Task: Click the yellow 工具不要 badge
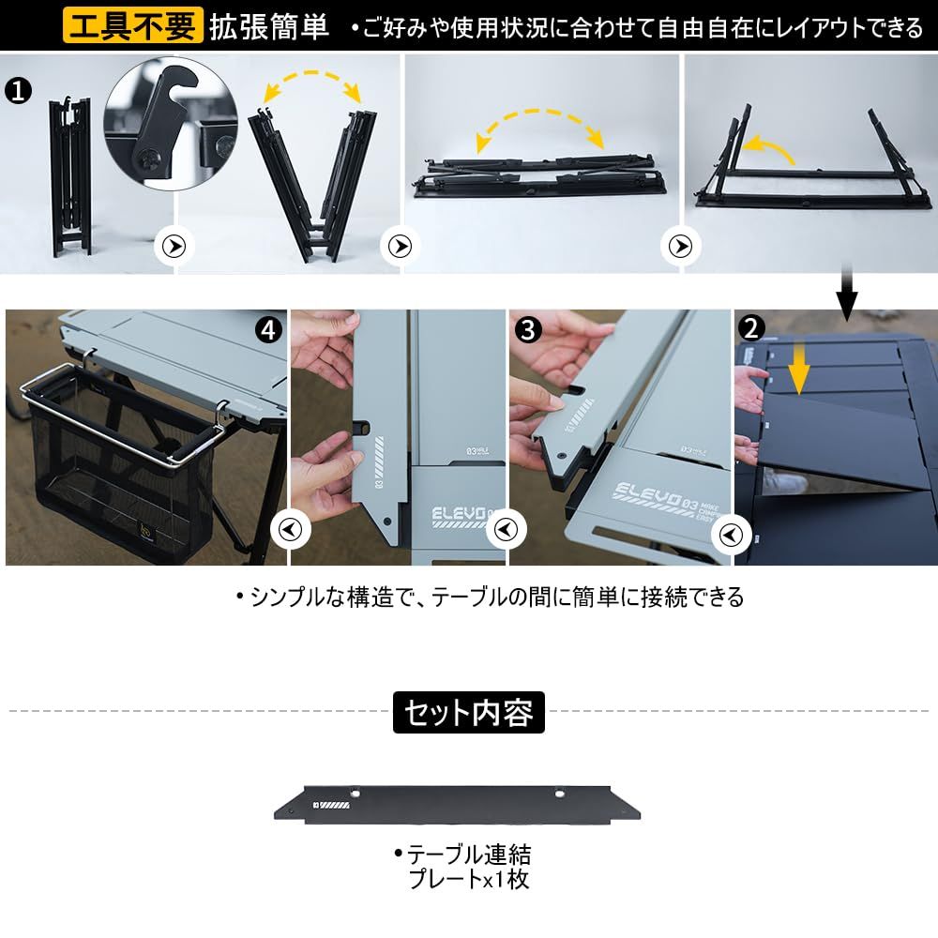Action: (133, 27)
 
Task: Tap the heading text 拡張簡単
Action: (269, 27)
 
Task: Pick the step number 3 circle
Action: (529, 329)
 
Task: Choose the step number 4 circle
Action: (269, 329)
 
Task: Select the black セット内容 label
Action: (468, 713)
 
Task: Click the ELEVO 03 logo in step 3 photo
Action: (649, 492)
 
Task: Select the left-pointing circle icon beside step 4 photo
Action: (289, 530)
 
